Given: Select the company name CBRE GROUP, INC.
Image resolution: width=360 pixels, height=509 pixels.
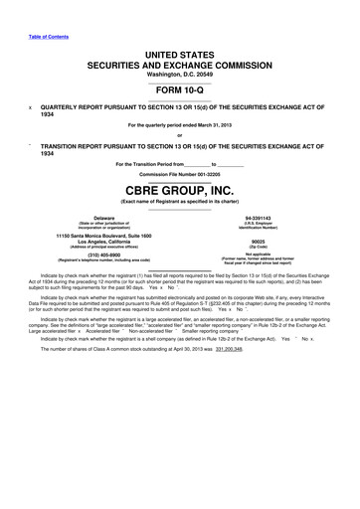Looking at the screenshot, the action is click(x=180, y=190).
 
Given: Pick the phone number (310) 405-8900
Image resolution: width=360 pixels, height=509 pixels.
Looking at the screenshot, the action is click(x=96, y=253).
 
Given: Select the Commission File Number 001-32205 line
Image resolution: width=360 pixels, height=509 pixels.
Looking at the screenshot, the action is click(x=180, y=174).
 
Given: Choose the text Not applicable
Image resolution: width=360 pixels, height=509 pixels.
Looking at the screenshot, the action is click(x=265, y=253).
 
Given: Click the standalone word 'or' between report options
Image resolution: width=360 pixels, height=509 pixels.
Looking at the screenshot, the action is click(x=180, y=135).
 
